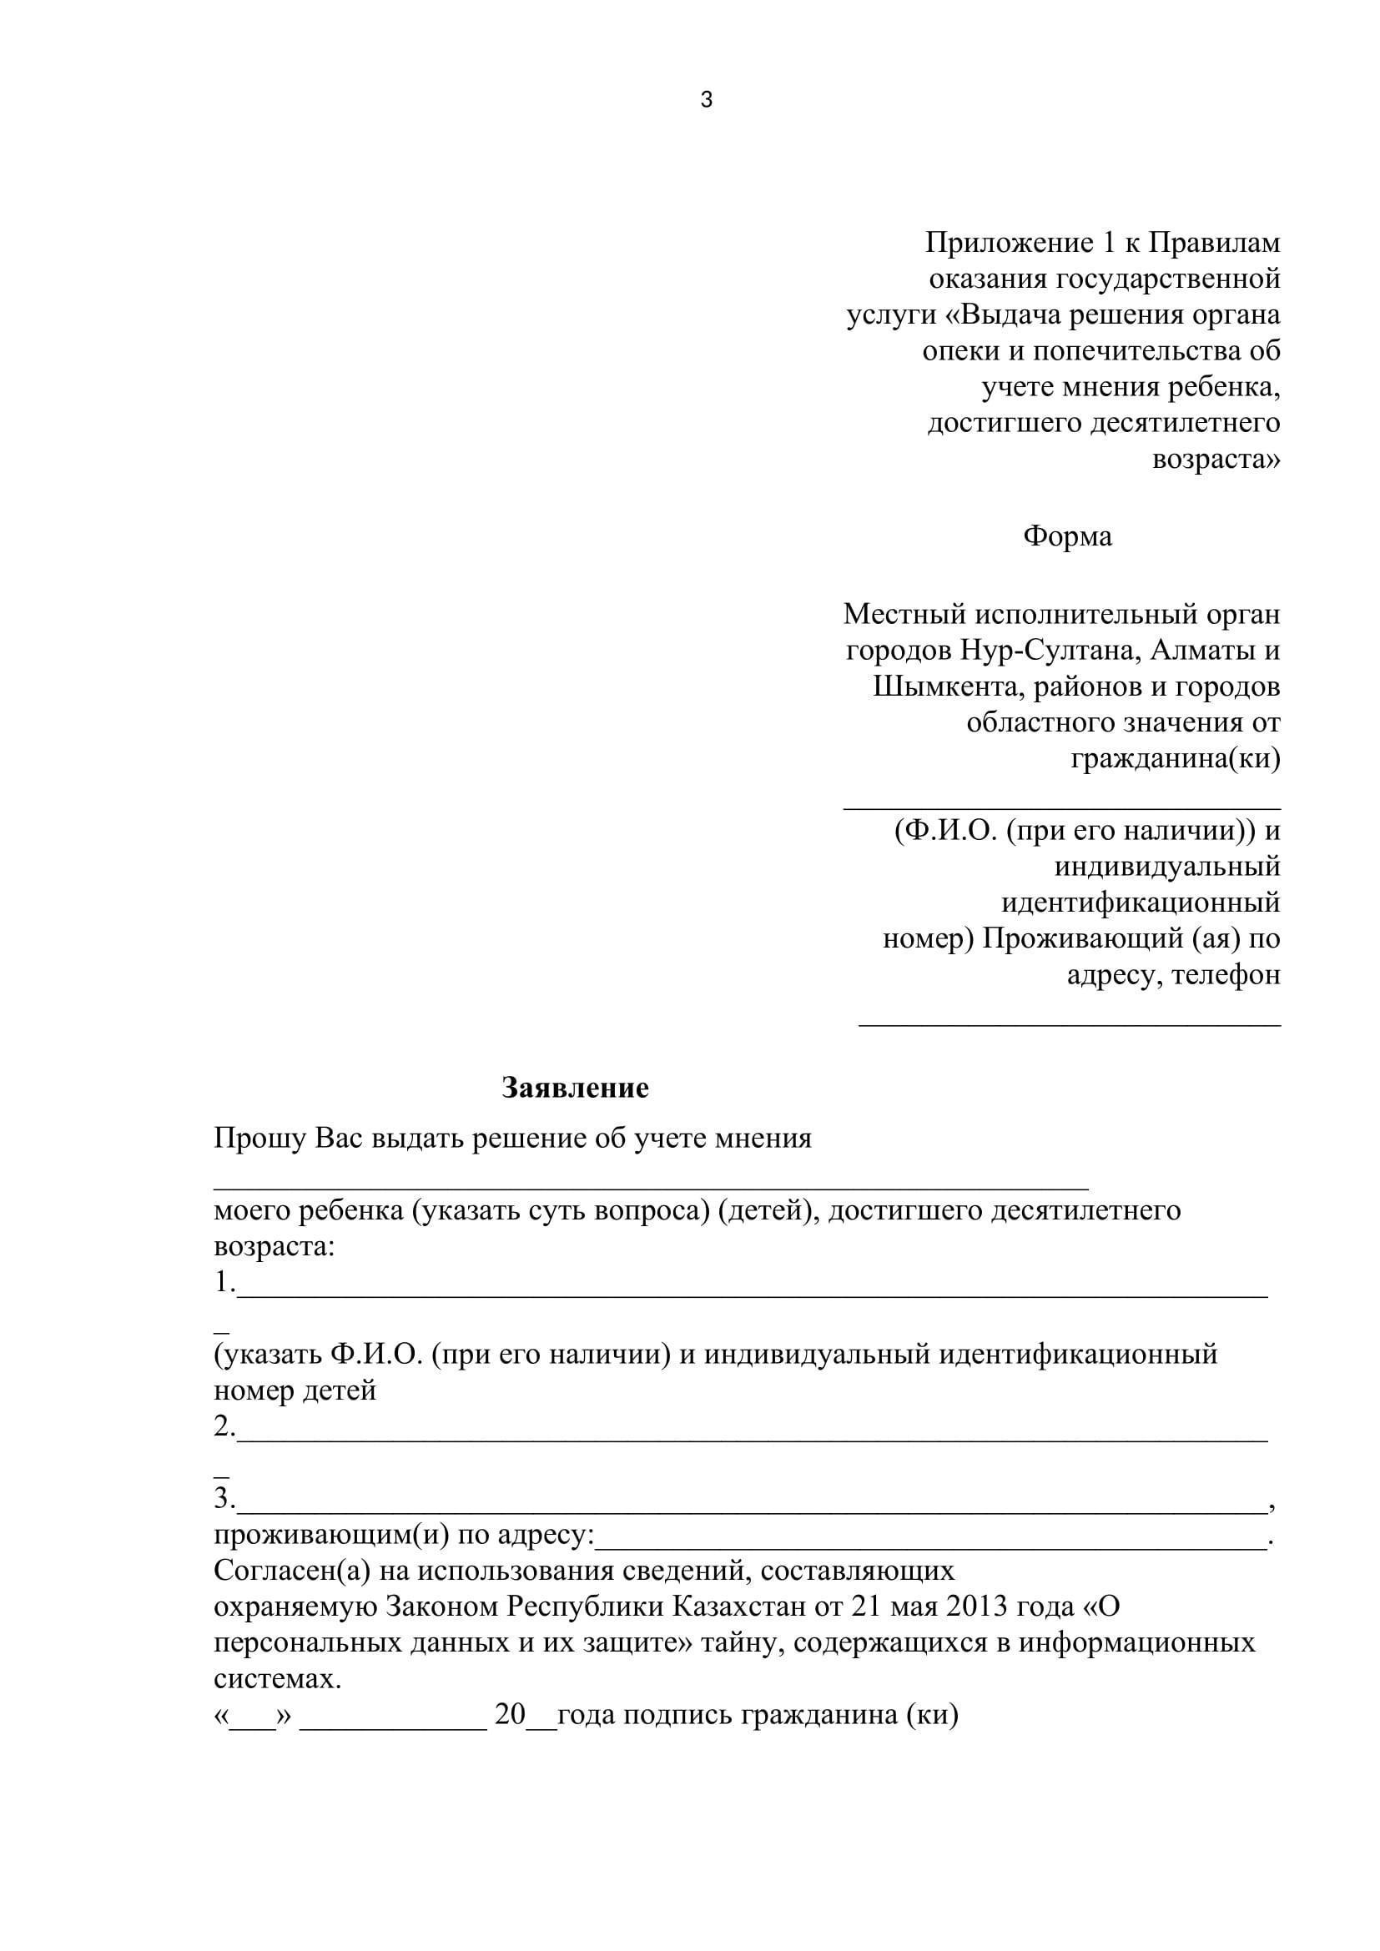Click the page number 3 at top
point(706,100)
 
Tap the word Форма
point(1066,536)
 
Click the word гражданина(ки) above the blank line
point(1175,758)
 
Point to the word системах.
point(277,1679)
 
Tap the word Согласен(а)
point(292,1571)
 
